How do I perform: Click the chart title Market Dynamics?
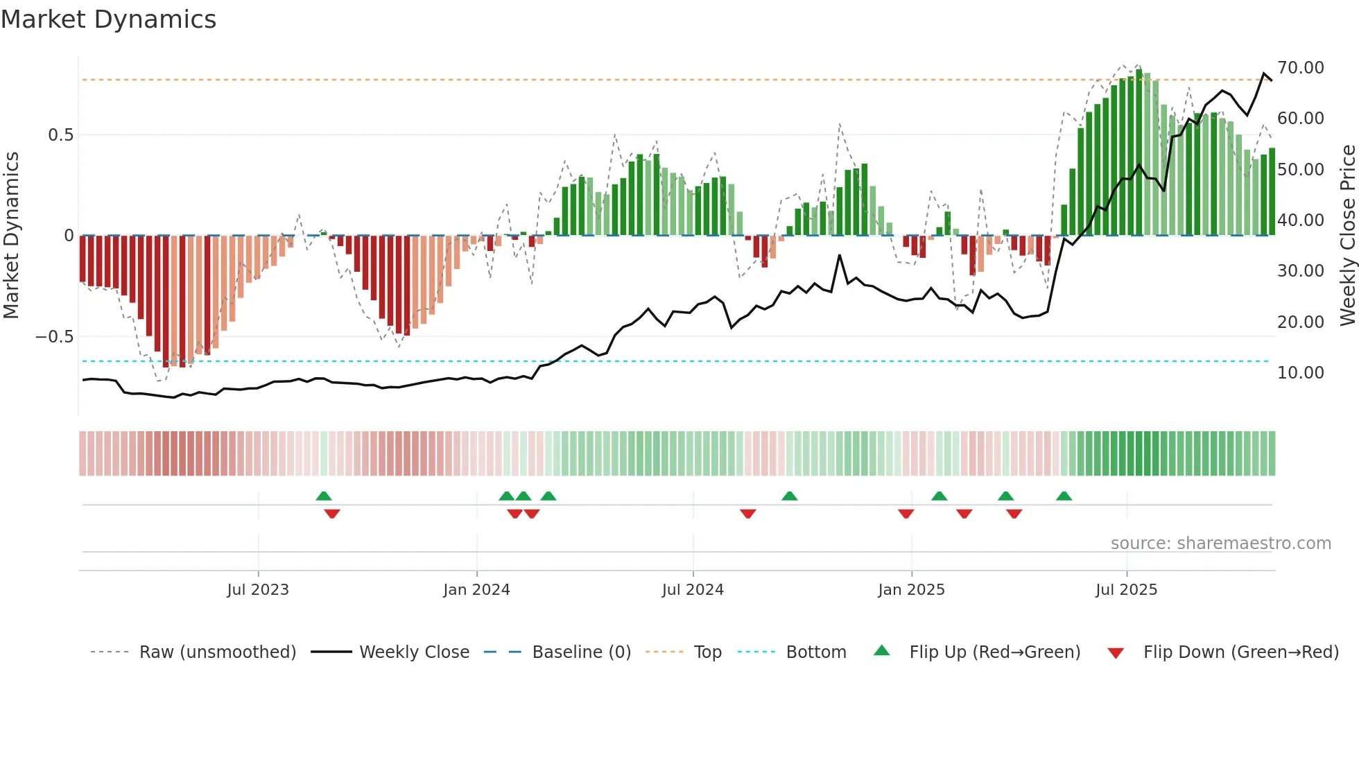(x=109, y=19)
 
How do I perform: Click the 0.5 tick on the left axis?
(x=60, y=135)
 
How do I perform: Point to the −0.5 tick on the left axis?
(x=54, y=337)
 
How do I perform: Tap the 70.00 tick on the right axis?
(x=1300, y=68)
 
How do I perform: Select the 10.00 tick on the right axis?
(x=1300, y=373)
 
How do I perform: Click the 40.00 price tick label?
(x=1300, y=220)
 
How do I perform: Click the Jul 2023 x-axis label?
(x=258, y=590)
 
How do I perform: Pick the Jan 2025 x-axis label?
(x=911, y=590)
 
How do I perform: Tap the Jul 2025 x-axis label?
(x=1126, y=590)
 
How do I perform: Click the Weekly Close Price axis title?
(x=1347, y=236)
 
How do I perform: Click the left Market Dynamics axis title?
(x=11, y=236)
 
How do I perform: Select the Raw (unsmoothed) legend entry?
(x=217, y=652)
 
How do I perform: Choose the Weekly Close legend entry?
(x=414, y=652)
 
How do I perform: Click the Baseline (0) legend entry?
(x=581, y=652)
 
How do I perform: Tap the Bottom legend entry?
(x=815, y=652)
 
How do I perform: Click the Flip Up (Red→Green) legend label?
(x=994, y=652)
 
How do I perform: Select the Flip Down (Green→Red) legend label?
(x=1240, y=652)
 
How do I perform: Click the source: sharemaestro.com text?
(x=1220, y=544)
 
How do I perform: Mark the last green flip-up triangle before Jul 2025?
(x=1064, y=496)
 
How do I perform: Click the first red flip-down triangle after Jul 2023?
(x=332, y=513)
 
